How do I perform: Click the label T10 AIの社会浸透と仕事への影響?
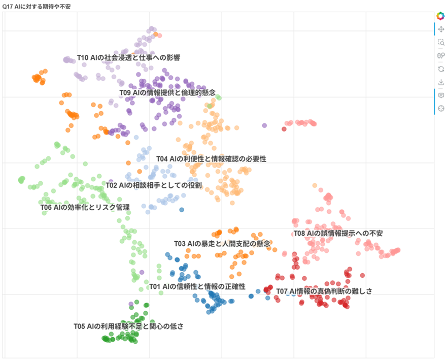pyautogui.click(x=128, y=58)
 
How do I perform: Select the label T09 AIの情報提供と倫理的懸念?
pyautogui.click(x=171, y=92)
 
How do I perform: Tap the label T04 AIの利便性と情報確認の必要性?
pyautogui.click(x=211, y=159)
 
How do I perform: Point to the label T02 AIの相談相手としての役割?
pyautogui.click(x=154, y=185)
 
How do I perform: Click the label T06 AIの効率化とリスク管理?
pyautogui.click(x=85, y=207)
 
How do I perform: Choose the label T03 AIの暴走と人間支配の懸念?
pyautogui.click(x=222, y=244)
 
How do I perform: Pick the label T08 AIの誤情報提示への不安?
pyautogui.click(x=338, y=234)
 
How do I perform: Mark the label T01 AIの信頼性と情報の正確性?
pyautogui.click(x=197, y=286)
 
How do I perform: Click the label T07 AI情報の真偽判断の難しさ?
pyautogui.click(x=324, y=291)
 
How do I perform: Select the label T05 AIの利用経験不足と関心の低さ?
pyautogui.click(x=128, y=326)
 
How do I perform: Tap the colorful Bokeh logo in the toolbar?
pyautogui.click(x=440, y=16)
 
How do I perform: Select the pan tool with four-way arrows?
pyautogui.click(x=440, y=29)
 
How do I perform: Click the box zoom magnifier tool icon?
pyautogui.click(x=440, y=43)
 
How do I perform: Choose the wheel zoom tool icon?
pyautogui.click(x=440, y=56)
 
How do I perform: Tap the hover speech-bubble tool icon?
pyautogui.click(x=440, y=95)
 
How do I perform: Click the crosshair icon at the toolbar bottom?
pyautogui.click(x=440, y=108)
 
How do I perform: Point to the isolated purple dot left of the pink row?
pyautogui.click(x=264, y=125)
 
